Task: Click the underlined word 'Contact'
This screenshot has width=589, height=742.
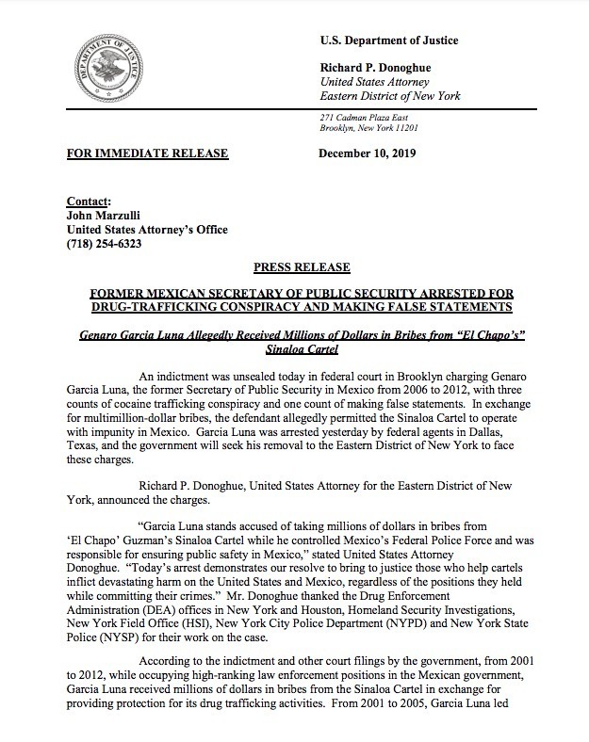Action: click(x=88, y=202)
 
